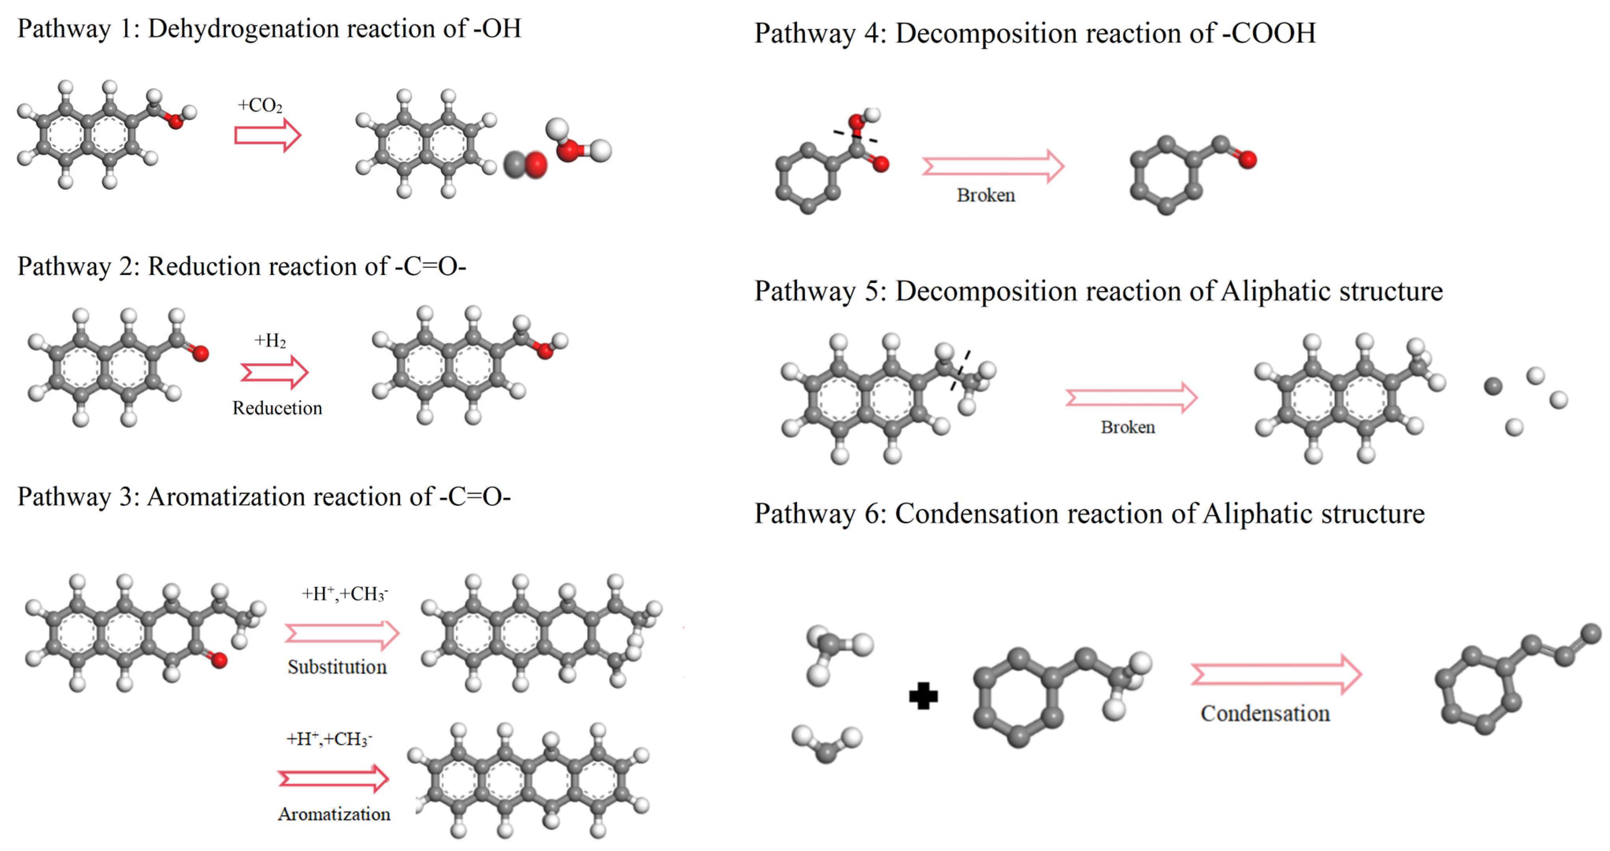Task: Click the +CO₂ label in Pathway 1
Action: coord(260,105)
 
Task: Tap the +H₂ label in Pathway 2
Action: coord(270,341)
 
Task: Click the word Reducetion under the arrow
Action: coord(277,408)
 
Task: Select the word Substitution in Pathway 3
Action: coord(337,667)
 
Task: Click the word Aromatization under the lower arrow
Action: coord(334,814)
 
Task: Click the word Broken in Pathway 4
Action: coord(985,195)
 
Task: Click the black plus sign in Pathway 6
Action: coord(923,695)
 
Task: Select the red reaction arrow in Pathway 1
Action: coord(267,135)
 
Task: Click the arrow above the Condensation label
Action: coord(1275,674)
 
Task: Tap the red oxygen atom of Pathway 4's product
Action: coord(1247,160)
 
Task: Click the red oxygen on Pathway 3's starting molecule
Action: coord(218,660)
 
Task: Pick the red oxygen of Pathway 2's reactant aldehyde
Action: coord(200,354)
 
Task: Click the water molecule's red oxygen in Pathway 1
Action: coord(567,150)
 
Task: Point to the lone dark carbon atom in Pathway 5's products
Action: coord(1493,386)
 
